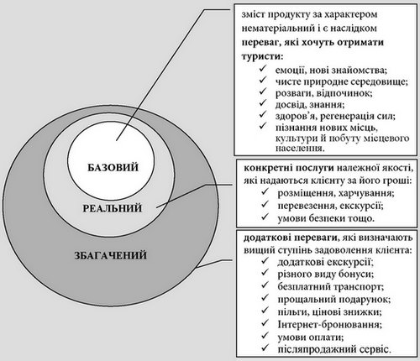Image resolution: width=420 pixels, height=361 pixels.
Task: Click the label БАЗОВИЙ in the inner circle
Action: pos(113,167)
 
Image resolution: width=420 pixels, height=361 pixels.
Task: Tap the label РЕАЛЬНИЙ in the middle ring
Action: pos(113,208)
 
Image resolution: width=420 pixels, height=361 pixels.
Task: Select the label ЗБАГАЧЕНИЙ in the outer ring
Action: pos(111,255)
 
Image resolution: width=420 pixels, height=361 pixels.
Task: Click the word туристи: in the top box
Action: pos(262,55)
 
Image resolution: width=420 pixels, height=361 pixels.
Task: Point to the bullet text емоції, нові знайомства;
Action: pos(331,70)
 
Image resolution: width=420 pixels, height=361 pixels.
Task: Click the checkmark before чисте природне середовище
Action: pos(263,80)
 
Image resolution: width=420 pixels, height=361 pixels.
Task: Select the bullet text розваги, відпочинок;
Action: pos(324,93)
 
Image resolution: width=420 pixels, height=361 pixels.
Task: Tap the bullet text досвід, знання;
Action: pos(310,105)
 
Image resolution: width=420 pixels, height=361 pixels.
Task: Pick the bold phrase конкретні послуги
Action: pos(289,168)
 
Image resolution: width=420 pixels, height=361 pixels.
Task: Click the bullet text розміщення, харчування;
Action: pos(336,193)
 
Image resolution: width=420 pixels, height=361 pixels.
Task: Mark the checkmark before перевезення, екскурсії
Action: pos(265,204)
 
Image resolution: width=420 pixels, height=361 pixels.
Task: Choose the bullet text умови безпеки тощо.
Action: pos(326,218)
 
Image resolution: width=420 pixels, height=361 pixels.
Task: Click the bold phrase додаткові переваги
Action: pos(290,238)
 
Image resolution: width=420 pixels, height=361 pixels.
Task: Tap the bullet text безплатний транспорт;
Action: pos(331,286)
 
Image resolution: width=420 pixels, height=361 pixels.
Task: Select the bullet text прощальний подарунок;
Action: pos(334,300)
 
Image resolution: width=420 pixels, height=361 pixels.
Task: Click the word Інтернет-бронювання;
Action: pos(330,325)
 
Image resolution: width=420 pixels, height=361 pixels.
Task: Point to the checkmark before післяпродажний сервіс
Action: pos(265,348)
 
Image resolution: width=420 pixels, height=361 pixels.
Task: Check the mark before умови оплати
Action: pos(265,336)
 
